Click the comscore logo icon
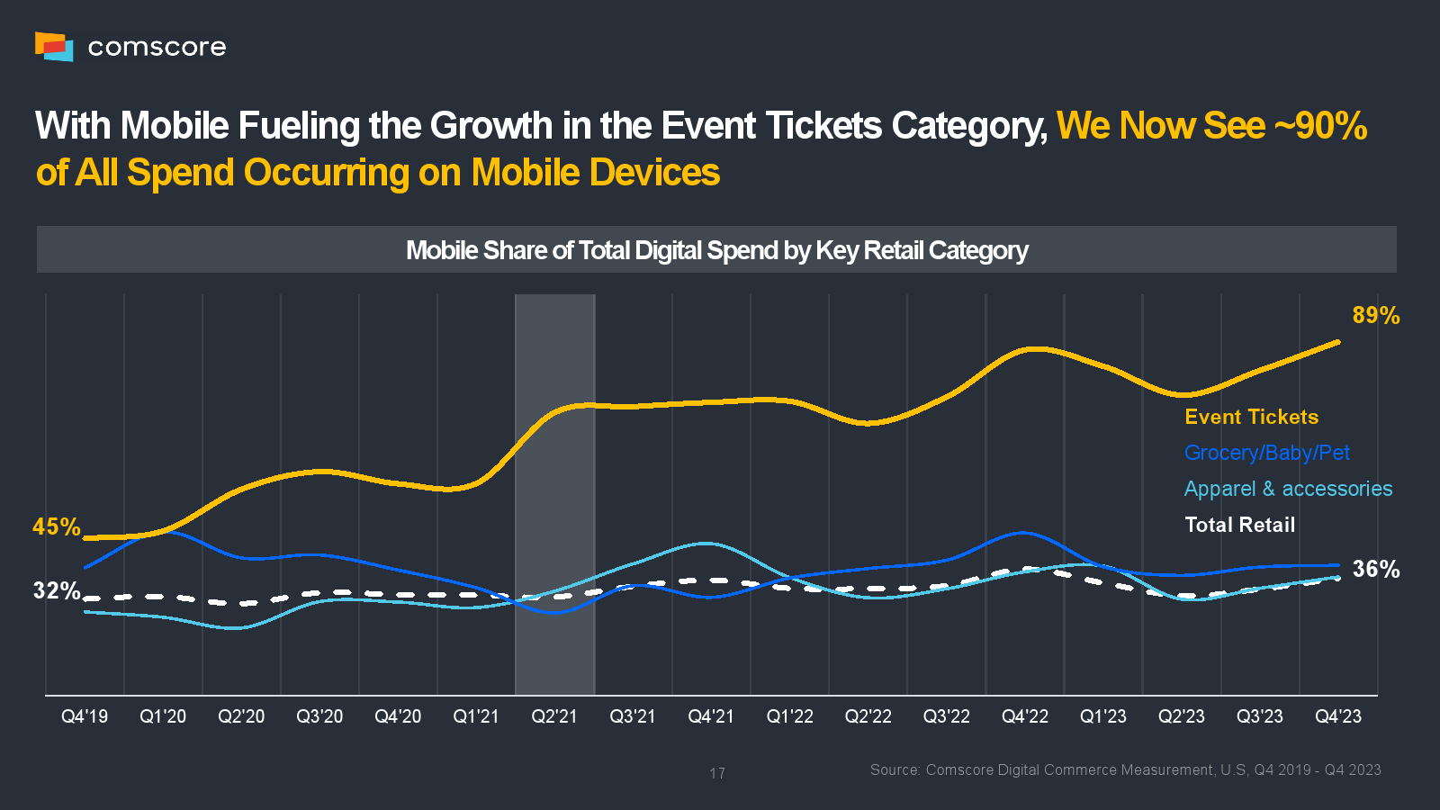pos(54,46)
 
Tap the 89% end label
pos(1375,316)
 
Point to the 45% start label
pos(56,526)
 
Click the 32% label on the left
pos(56,590)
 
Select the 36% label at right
pos(1375,569)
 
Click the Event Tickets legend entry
pos(1251,417)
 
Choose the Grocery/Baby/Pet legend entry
pos(1266,453)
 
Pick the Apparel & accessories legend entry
pos(1288,489)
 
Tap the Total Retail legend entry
pos(1239,525)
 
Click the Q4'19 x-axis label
pos(85,716)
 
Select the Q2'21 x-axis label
pos(554,716)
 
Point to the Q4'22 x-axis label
pos(1025,716)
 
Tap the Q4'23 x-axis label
pos(1338,716)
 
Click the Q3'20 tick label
pos(319,716)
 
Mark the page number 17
pos(717,773)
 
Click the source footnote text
pos(1125,769)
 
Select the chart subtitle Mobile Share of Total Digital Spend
pos(716,250)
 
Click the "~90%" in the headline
pos(1320,126)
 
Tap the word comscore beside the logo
pos(157,47)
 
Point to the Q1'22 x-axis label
pos(789,716)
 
